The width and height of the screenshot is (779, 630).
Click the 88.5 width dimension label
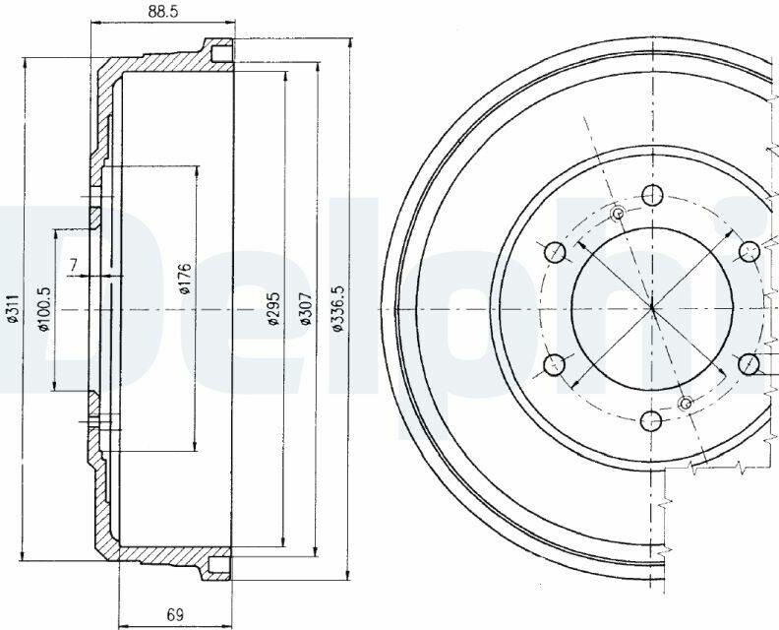point(163,12)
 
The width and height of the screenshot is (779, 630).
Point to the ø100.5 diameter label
point(44,309)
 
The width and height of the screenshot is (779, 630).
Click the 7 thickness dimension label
point(74,264)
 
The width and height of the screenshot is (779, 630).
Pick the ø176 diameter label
point(185,278)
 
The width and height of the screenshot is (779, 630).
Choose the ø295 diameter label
point(273,308)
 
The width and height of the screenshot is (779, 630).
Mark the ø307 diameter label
point(306,308)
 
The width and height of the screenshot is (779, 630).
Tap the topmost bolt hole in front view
point(651,195)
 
